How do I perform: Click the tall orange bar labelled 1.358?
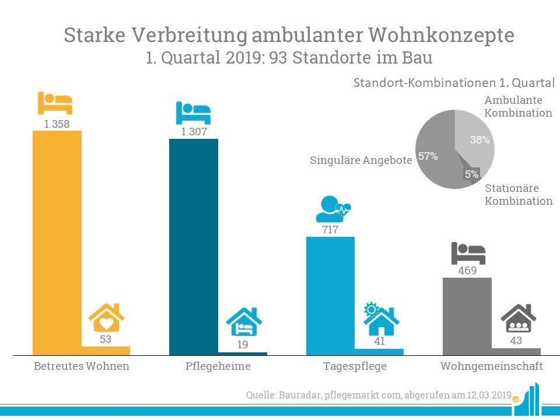57,242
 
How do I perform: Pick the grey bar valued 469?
467,316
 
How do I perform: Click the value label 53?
106,339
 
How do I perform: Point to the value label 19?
243,345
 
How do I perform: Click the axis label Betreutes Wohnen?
81,367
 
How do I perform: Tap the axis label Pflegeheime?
218,367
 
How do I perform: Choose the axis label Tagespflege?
355,367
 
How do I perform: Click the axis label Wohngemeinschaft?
491,367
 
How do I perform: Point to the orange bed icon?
55,103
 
